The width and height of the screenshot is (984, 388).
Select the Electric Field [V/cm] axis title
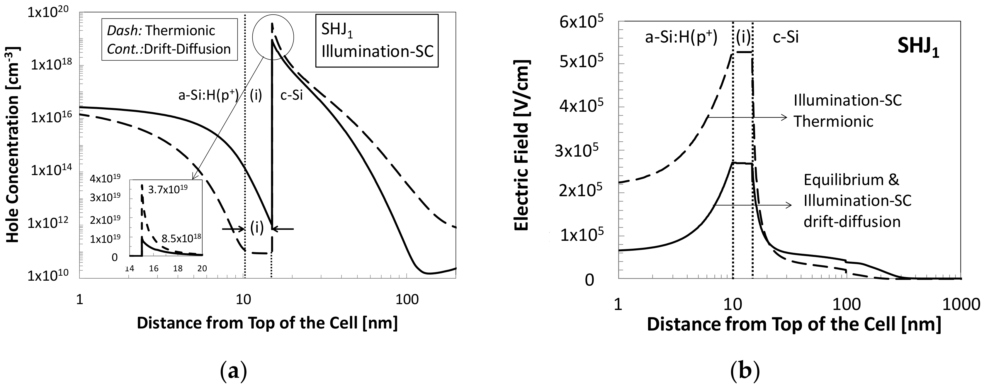tap(521, 147)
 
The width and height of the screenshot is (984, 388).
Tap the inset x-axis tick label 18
tap(178, 269)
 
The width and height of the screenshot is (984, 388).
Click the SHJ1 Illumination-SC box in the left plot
tap(377, 40)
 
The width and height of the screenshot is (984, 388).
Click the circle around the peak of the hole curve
tap(273, 38)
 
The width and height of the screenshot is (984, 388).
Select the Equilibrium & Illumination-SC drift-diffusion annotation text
tap(857, 201)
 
